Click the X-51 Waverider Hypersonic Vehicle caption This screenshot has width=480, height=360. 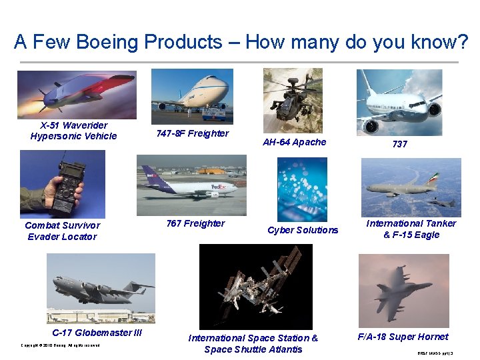tap(73, 131)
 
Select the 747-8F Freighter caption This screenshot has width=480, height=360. tap(193, 133)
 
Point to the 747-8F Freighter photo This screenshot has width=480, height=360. tap(192, 95)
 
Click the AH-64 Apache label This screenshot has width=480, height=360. tap(294, 142)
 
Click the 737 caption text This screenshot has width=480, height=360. tap(399, 144)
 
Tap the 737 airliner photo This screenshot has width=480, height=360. tap(399, 102)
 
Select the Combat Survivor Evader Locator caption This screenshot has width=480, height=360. tap(62, 231)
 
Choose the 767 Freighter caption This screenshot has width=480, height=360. tap(195, 223)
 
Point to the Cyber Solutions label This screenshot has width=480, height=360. tap(303, 230)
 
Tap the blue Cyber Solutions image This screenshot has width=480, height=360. tap(302, 189)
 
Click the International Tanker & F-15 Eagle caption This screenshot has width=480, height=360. tap(411, 229)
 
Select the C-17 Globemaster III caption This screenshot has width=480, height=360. tap(97, 333)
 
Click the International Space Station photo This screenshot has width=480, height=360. tap(255, 287)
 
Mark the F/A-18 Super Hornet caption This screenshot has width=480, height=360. tap(403, 337)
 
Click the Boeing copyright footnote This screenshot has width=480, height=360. tap(60, 345)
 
